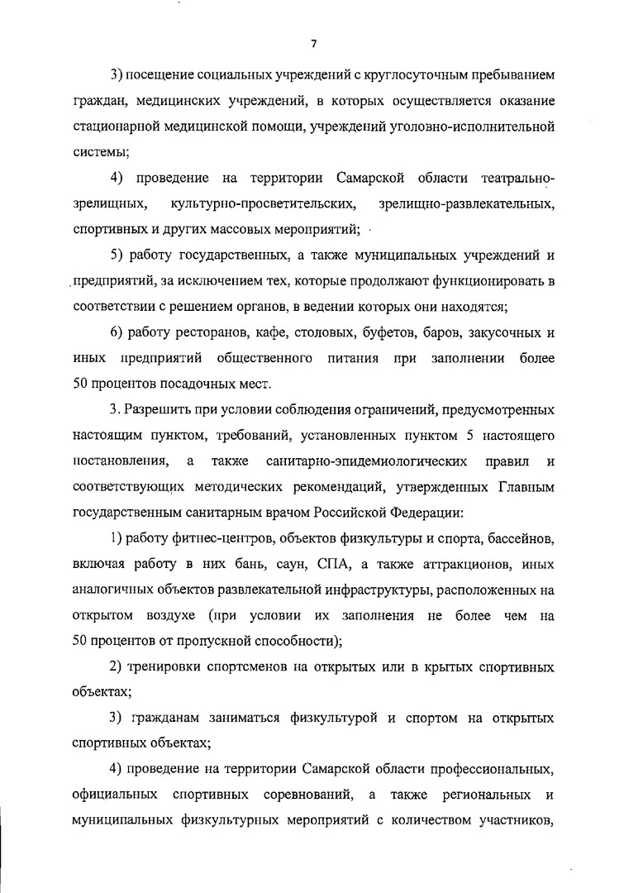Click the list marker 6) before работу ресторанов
point(118,334)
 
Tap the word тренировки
point(169,666)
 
